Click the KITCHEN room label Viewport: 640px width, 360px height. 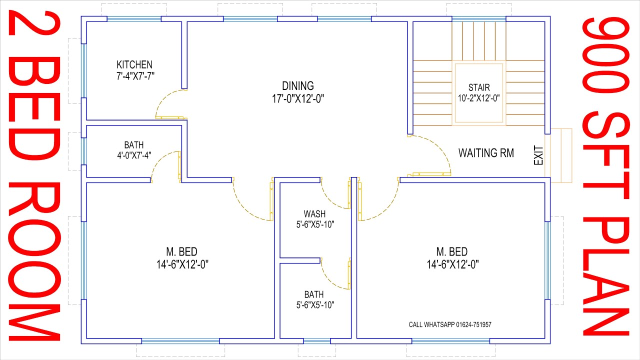tap(134, 65)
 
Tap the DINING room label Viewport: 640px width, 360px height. tap(297, 86)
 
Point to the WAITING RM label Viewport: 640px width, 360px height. tap(486, 153)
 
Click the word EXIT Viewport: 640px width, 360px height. tap(538, 155)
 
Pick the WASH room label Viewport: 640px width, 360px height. tap(314, 214)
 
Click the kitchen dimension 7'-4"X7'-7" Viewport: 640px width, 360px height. tap(134, 75)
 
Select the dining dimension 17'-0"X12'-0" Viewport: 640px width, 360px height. tap(297, 98)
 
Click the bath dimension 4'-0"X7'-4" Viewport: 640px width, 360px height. tap(134, 155)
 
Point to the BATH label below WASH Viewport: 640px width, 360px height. tap(314, 294)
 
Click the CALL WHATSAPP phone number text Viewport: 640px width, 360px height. tap(450, 324)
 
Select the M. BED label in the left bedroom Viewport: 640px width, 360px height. tap(182, 251)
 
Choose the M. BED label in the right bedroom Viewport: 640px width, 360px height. tap(452, 251)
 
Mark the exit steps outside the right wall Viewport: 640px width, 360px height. tap(560, 155)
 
